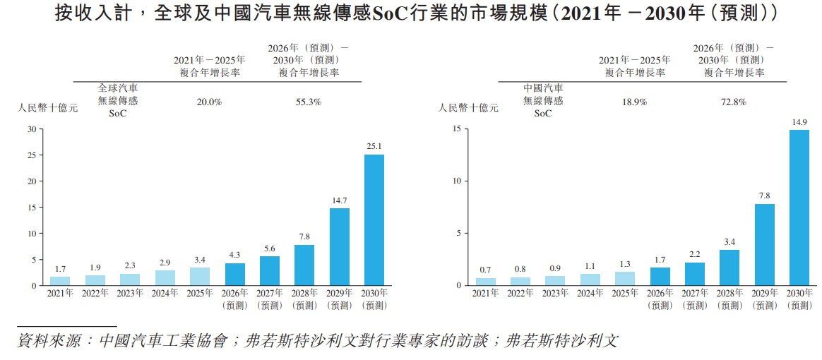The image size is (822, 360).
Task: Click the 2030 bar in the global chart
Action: [374, 220]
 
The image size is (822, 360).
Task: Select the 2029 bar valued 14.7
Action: [340, 246]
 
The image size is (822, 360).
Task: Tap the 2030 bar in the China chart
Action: [799, 208]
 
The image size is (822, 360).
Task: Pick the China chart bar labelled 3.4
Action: [730, 268]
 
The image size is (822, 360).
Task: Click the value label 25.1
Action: [374, 147]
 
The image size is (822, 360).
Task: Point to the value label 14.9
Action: [799, 122]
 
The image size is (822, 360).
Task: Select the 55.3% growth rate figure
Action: [309, 102]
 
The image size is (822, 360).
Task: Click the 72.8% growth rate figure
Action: [733, 102]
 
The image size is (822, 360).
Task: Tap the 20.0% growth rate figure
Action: [209, 102]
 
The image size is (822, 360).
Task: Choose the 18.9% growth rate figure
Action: [634, 102]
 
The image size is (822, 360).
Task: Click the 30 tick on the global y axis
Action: [32, 129]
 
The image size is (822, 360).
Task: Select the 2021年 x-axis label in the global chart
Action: [60, 293]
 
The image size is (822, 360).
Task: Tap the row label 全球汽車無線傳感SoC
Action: [117, 101]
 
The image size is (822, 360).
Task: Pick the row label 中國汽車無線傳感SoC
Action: [542, 101]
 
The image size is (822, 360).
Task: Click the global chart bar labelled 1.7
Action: [60, 281]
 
